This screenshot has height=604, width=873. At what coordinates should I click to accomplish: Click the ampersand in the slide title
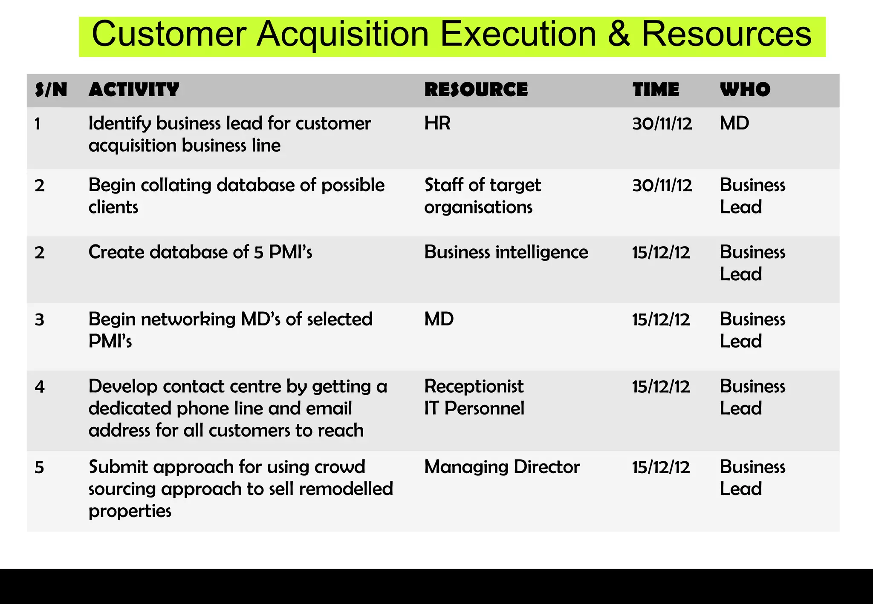[x=619, y=34]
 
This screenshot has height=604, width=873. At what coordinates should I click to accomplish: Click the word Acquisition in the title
[x=342, y=34]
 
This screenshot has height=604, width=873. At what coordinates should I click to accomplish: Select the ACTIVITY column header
[x=134, y=90]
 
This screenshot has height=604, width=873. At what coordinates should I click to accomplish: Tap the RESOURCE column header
[x=476, y=90]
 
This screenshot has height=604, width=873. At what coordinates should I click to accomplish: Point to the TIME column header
[x=656, y=90]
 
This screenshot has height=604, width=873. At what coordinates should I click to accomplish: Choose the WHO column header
[x=745, y=90]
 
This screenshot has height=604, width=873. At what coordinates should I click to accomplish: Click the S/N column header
[x=51, y=90]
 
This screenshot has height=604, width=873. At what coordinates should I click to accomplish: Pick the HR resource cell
[x=437, y=124]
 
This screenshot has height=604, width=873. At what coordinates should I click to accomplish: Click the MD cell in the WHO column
[x=734, y=124]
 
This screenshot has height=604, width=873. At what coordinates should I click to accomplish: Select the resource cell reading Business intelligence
[x=506, y=252]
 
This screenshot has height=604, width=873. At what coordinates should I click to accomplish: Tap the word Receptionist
[x=474, y=386]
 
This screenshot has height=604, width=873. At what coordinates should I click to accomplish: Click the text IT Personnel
[x=474, y=408]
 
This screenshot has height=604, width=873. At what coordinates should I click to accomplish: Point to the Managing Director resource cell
[x=502, y=467]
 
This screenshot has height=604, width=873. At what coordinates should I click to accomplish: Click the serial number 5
[x=39, y=468]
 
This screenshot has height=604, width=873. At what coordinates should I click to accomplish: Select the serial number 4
[x=39, y=387]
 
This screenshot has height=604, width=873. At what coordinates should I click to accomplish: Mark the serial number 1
[x=38, y=124]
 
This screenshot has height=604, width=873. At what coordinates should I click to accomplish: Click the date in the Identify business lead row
[x=662, y=124]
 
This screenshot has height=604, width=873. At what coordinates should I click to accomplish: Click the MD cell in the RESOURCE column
[x=439, y=319]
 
